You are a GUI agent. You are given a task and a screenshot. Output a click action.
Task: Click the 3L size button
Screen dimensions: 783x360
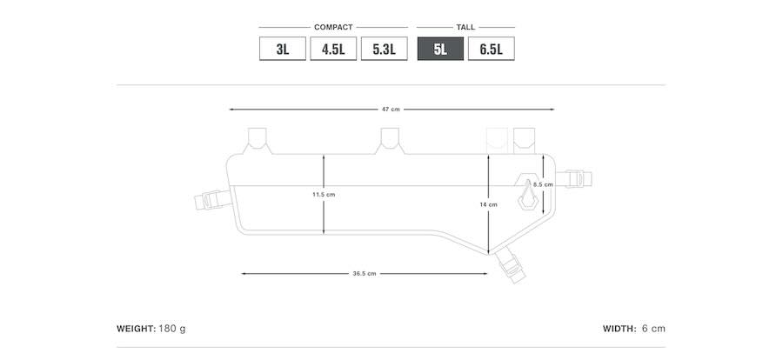[x=283, y=49]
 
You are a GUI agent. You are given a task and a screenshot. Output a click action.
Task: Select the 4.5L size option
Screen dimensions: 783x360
[x=333, y=49]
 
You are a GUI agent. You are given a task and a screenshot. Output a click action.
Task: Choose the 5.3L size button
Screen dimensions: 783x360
[x=384, y=49]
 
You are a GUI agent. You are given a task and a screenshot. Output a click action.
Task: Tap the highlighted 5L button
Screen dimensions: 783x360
[x=440, y=49]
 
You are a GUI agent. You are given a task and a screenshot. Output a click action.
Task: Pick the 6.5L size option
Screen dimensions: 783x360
[x=492, y=49]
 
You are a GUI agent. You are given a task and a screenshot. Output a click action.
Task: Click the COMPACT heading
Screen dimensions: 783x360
[x=333, y=28]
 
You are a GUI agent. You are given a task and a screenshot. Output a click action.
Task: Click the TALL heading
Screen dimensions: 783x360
[x=465, y=28]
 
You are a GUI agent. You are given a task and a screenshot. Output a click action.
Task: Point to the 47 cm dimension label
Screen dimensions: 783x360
[x=391, y=110]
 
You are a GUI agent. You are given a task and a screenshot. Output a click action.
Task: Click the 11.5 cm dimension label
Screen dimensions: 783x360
[x=324, y=194]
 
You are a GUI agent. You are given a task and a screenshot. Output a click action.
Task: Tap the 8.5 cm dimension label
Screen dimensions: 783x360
[x=543, y=184]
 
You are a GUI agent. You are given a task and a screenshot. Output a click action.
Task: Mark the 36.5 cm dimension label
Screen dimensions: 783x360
[x=364, y=274]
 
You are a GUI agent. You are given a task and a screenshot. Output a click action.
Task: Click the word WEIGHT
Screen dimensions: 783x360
[x=136, y=329]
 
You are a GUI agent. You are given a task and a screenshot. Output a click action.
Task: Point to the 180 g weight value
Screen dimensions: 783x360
[x=172, y=329]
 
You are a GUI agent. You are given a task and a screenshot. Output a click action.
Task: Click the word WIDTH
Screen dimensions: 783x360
[x=619, y=329]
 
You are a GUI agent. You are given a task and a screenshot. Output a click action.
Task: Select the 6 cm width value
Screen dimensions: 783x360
[x=653, y=329]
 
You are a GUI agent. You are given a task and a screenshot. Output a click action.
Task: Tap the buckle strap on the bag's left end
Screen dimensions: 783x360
[x=213, y=200]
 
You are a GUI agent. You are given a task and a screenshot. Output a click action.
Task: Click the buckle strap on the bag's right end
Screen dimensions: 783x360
[x=574, y=179]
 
